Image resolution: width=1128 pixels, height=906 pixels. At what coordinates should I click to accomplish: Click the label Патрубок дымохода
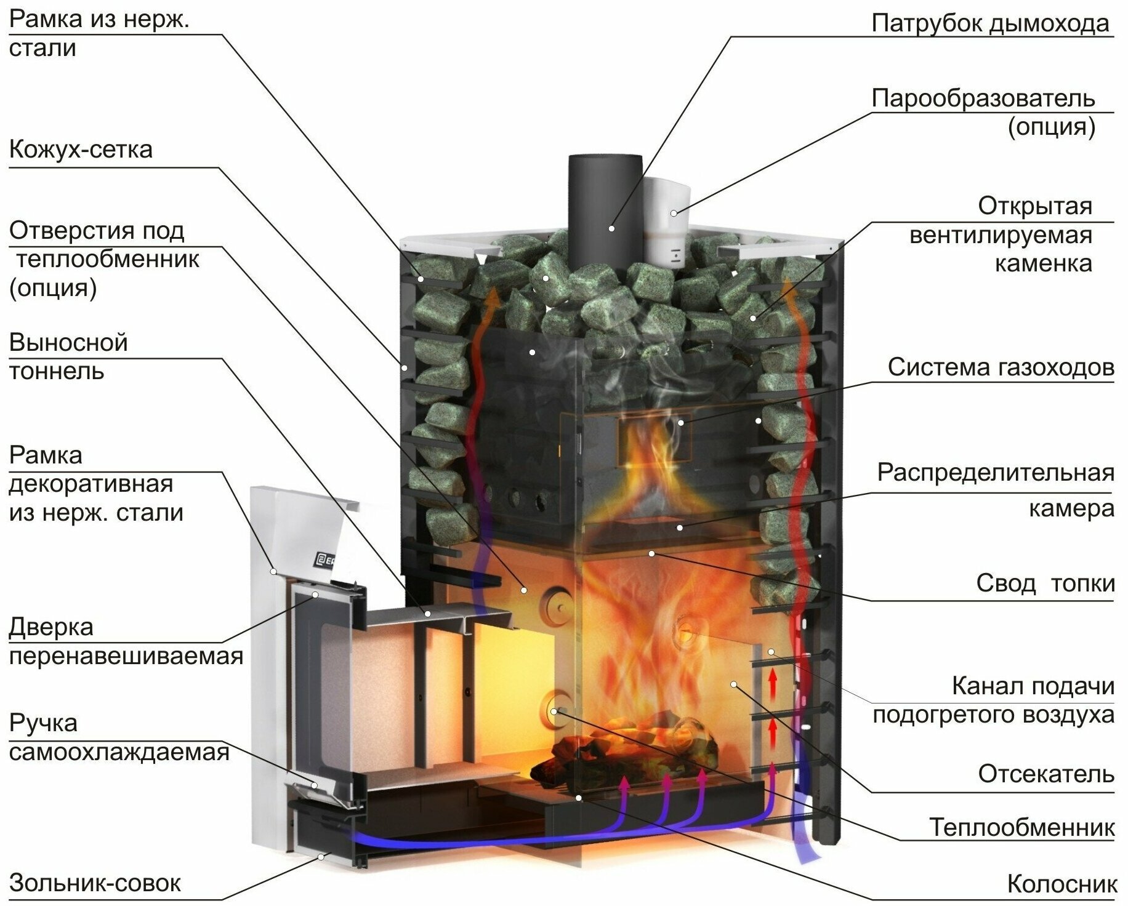(990, 24)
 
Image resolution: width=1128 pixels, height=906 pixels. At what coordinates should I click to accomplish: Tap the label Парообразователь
(983, 98)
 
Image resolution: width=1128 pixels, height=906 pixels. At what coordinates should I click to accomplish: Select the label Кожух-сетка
(81, 150)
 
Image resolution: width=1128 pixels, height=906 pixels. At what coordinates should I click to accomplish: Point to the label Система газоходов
(1001, 367)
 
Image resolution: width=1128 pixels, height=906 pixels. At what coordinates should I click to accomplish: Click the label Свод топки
(1045, 582)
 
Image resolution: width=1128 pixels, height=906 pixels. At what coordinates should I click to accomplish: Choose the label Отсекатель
(1046, 774)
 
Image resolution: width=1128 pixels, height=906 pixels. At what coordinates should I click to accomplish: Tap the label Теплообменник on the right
(1021, 827)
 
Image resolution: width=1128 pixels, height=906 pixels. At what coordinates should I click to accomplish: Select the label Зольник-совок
(95, 883)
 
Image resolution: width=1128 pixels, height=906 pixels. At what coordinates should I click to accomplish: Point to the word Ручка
(43, 723)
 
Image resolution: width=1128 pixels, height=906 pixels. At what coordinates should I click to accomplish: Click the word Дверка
(51, 627)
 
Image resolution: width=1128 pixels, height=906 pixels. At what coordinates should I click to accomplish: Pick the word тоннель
(56, 372)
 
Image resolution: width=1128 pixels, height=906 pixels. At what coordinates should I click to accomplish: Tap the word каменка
(1043, 263)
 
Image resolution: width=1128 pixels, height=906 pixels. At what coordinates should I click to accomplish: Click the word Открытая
(1034, 206)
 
